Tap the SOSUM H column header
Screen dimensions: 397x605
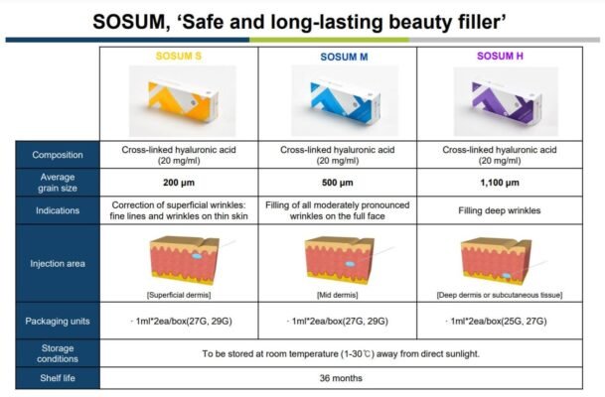coord(503,58)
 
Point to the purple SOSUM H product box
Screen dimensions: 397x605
coord(502,99)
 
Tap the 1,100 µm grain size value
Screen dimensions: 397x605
coord(502,183)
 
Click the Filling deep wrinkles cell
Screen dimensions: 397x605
coord(502,209)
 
